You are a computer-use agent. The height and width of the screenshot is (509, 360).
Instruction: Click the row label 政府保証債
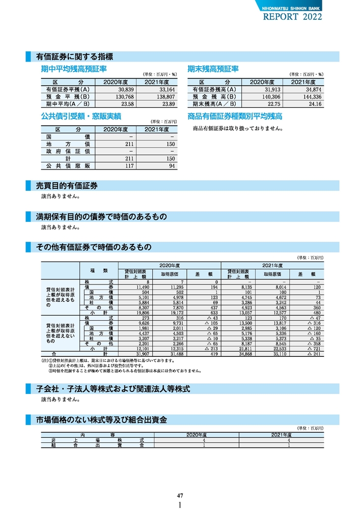(68, 152)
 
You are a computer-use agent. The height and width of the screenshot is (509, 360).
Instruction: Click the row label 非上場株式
(97, 440)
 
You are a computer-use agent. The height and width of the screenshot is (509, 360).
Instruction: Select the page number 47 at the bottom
(180, 495)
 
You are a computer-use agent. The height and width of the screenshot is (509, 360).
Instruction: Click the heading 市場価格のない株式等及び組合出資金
(102, 419)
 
